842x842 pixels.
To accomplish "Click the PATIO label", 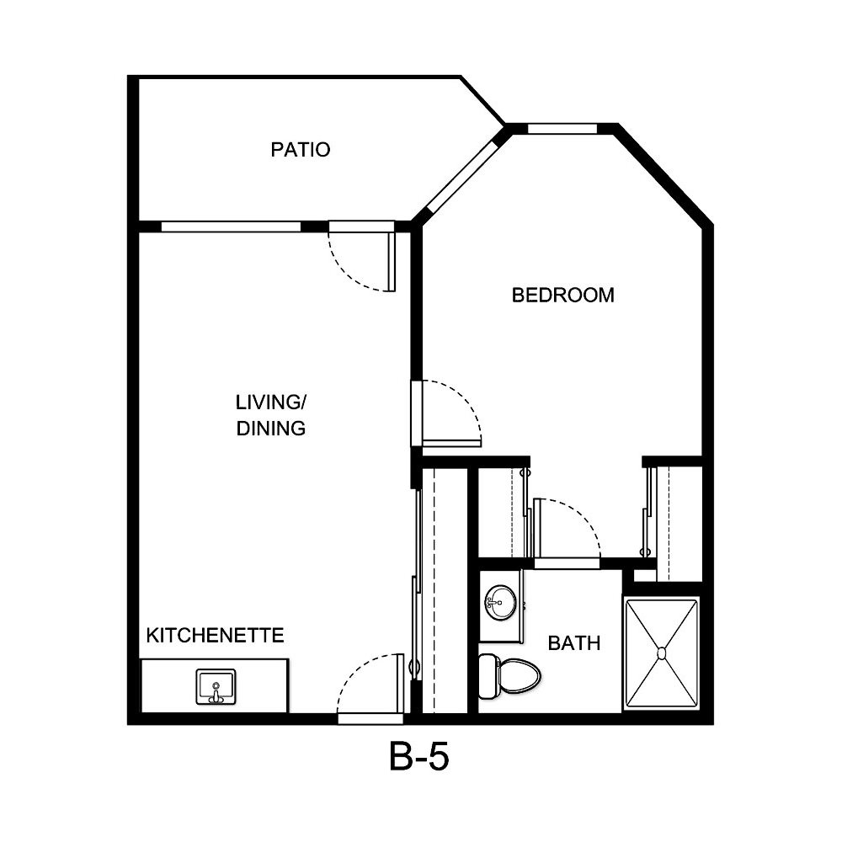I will tap(300, 150).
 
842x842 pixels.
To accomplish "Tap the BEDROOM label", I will tap(563, 295).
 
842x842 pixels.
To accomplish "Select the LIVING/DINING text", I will tap(269, 414).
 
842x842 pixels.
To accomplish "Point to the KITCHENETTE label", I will tap(216, 634).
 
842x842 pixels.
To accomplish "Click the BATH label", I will tap(574, 643).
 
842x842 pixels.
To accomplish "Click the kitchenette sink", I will tap(216, 686).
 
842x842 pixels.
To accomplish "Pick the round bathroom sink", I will tap(501, 601).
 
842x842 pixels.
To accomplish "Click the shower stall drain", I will tap(662, 653).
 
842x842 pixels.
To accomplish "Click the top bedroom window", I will tap(562, 129).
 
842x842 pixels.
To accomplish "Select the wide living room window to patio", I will tap(231, 226).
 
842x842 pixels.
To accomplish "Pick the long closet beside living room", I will tap(443, 589).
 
